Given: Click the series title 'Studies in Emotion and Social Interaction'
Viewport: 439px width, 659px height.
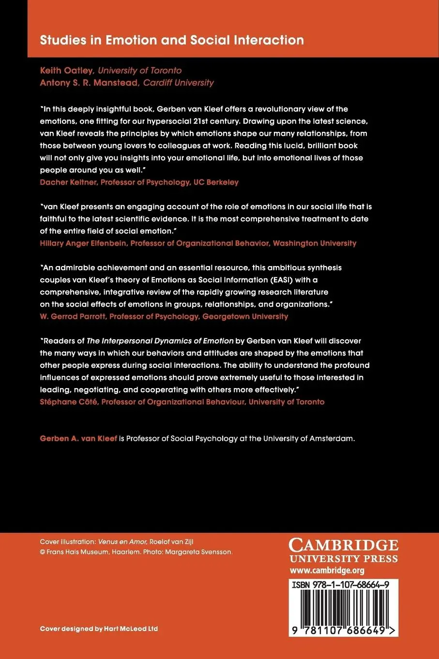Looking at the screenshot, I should pyautogui.click(x=172, y=40).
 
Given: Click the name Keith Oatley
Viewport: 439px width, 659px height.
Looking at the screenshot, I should pyautogui.click(x=67, y=70).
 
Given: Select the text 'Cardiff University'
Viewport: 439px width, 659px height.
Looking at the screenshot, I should pyautogui.click(x=178, y=82).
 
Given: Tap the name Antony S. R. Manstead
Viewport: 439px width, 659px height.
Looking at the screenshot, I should pyautogui.click(x=89, y=82).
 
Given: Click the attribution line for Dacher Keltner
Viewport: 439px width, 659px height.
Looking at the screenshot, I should pyautogui.click(x=139, y=182).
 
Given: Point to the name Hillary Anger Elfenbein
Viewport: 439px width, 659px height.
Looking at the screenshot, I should pyautogui.click(x=83, y=243).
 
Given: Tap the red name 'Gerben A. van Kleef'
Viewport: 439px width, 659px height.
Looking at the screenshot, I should pyautogui.click(x=78, y=438).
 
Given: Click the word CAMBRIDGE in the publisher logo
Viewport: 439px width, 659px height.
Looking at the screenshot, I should pyautogui.click(x=344, y=545).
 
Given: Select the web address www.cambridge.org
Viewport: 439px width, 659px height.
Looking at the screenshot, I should pyautogui.click(x=327, y=570).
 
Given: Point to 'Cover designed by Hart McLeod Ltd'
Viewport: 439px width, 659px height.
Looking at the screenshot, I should pyautogui.click(x=99, y=628).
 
